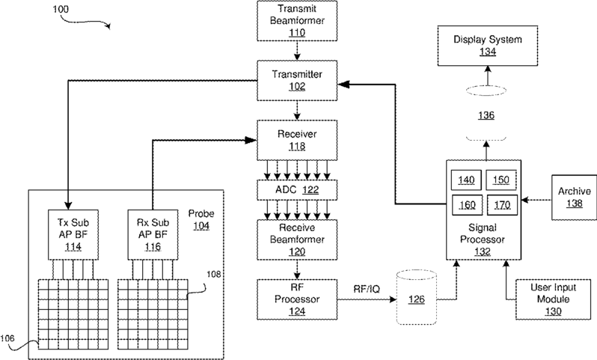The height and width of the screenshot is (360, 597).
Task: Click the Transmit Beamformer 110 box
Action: pos(297,20)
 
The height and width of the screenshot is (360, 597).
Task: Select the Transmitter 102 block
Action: pos(297,80)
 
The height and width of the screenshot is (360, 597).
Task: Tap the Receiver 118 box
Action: pos(297,140)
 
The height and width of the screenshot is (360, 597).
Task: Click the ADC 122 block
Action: pos(297,189)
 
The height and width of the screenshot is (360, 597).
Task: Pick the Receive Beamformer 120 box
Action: pos(297,240)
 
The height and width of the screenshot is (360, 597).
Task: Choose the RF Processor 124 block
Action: pos(297,299)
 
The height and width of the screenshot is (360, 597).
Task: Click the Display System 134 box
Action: pos(488,46)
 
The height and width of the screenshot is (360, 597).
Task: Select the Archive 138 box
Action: pos(574,198)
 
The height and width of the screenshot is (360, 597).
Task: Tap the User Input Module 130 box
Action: pos(553,299)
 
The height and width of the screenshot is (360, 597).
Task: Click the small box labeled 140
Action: pos(466,180)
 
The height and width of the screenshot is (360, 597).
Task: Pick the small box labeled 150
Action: pos(501,180)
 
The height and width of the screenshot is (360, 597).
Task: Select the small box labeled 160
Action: pos(467,205)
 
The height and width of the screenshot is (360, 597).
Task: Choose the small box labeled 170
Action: pos(502,205)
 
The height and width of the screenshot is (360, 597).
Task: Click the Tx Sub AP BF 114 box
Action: pos(73,235)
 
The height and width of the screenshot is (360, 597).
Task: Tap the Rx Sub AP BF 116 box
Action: pos(153,235)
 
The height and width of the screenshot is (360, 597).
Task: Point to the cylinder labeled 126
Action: pos(416,297)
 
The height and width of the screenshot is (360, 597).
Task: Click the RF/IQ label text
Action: pos(367,289)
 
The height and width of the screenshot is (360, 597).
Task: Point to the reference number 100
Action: pos(61,9)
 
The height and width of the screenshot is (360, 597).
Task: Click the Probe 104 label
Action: pos(201,219)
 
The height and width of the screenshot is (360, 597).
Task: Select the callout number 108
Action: pos(214,274)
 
